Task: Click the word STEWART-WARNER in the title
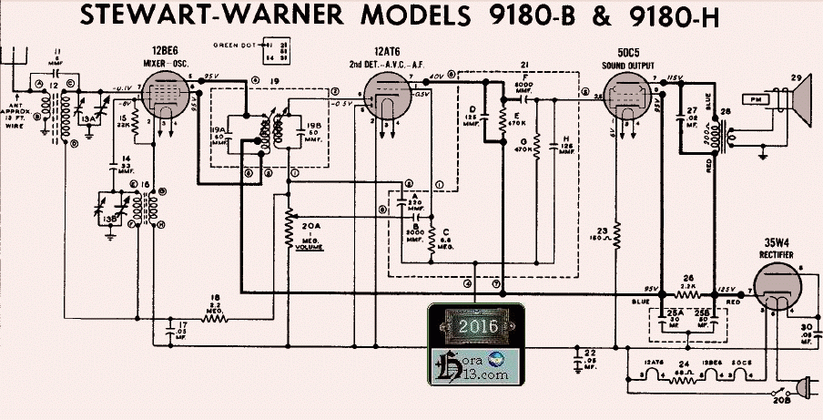pyautogui.click(x=205, y=16)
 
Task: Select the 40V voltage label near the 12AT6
pyautogui.click(x=438, y=77)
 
